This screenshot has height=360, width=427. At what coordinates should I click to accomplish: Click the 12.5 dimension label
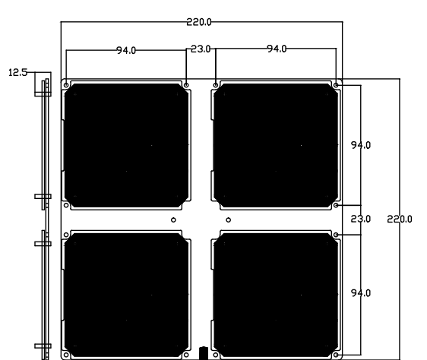pyautogui.click(x=18, y=73)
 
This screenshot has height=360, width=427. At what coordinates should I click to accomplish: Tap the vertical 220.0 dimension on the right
pyautogui.click(x=400, y=219)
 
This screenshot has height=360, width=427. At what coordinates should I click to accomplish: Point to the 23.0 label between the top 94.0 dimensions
pyautogui.click(x=201, y=49)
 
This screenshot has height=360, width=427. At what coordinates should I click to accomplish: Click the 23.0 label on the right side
pyautogui.click(x=361, y=219)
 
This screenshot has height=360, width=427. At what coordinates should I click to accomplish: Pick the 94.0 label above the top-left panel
pyautogui.click(x=126, y=50)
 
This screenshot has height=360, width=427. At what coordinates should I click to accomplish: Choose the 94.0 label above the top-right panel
pyautogui.click(x=277, y=49)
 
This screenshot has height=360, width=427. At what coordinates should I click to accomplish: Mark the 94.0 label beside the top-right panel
pyautogui.click(x=361, y=145)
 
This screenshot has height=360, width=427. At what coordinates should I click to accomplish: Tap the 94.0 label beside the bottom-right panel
pyautogui.click(x=361, y=293)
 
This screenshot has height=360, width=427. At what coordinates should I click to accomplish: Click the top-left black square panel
pyautogui.click(x=126, y=145)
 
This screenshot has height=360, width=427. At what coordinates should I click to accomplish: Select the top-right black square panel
pyautogui.click(x=276, y=145)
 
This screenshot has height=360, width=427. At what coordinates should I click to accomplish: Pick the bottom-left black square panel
pyautogui.click(x=126, y=295)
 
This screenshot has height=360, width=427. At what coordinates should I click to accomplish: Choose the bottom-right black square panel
pyautogui.click(x=276, y=295)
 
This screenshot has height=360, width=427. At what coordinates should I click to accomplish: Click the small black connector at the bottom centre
pyautogui.click(x=204, y=353)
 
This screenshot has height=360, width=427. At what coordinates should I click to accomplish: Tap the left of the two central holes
pyautogui.click(x=173, y=219)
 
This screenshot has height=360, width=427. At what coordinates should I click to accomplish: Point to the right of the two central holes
pyautogui.click(x=229, y=219)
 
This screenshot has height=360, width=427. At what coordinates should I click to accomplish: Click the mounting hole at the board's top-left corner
pyautogui.click(x=66, y=85)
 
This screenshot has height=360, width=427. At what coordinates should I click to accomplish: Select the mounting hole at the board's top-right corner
pyautogui.click(x=336, y=85)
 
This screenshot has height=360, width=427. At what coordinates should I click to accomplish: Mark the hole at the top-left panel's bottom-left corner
pyautogui.click(x=66, y=205)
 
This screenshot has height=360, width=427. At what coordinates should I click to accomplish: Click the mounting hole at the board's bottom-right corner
pyautogui.click(x=336, y=355)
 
